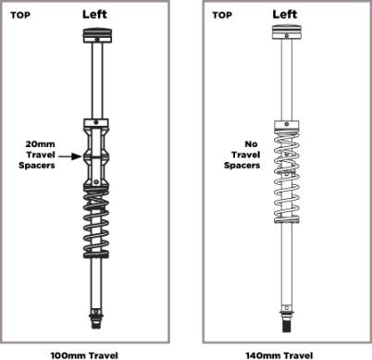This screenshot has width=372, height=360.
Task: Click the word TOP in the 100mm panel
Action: (20, 15)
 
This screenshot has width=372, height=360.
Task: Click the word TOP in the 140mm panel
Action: (222, 15)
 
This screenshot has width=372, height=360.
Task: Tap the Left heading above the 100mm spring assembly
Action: (94, 14)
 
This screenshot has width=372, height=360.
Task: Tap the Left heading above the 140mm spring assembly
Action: (285, 14)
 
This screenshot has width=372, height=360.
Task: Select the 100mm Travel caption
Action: (84, 355)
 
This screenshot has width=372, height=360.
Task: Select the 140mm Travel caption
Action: (279, 355)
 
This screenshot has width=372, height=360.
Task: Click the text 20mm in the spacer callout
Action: (40, 144)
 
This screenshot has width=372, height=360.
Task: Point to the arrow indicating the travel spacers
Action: (70, 156)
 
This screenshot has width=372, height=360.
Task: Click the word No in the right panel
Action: (251, 144)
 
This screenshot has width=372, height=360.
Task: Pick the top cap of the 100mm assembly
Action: (97, 35)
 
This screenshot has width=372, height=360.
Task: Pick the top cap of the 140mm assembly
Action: (287, 32)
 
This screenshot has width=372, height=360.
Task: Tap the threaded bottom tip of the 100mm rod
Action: (96, 323)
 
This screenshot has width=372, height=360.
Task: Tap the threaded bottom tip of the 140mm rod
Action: (287, 326)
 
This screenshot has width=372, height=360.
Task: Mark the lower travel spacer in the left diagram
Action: (96, 170)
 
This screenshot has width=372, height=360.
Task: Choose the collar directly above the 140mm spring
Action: (287, 125)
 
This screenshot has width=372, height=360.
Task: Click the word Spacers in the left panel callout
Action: (37, 166)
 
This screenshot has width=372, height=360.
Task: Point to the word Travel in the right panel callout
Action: (246, 155)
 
